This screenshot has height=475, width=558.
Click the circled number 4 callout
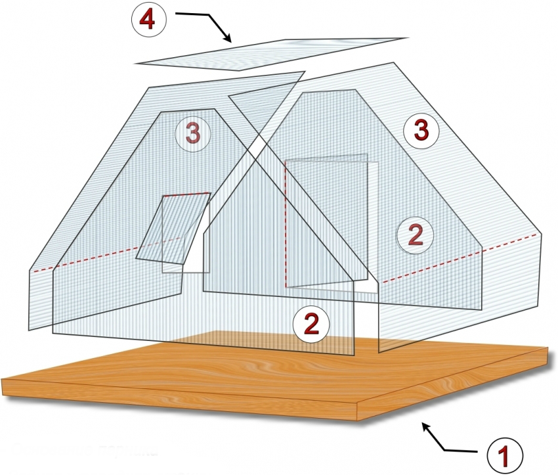149,20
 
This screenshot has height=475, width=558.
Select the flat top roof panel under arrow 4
271,54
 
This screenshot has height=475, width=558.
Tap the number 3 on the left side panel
193,134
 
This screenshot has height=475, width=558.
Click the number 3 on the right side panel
421,131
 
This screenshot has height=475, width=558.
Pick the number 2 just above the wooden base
311,325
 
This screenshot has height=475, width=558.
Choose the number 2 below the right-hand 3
416,235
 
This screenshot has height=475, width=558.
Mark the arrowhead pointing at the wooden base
426,427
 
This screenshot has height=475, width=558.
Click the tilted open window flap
173,229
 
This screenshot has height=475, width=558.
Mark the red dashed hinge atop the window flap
187,194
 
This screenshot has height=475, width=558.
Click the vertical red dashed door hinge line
285,224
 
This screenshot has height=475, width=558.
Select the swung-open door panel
326,220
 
